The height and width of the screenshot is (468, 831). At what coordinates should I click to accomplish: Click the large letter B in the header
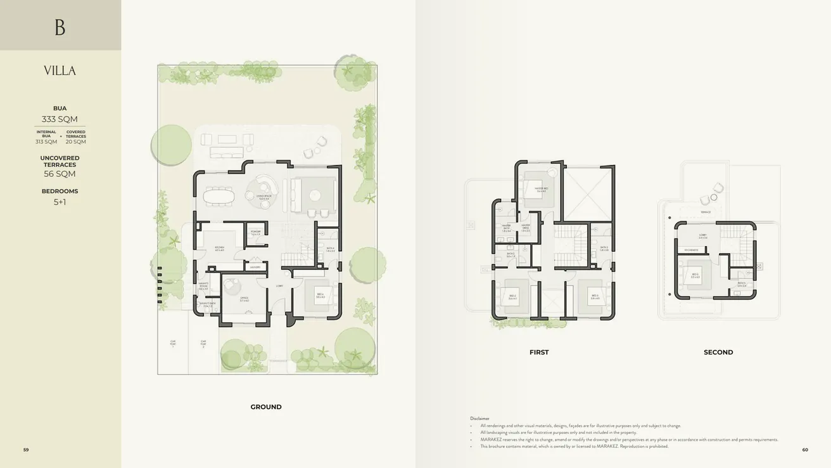pyautogui.click(x=60, y=27)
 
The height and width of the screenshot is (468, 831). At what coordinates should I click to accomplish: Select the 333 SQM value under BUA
pyautogui.click(x=60, y=119)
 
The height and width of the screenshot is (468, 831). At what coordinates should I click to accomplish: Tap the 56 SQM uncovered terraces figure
pyautogui.click(x=60, y=174)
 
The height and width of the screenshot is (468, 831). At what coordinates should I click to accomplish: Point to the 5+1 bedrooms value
pyautogui.click(x=60, y=202)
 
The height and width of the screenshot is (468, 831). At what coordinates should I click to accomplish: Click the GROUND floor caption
pyautogui.click(x=266, y=407)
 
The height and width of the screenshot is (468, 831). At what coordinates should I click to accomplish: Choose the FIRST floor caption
pyautogui.click(x=539, y=352)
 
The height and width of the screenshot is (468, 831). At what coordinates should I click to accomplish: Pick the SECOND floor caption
pyautogui.click(x=718, y=352)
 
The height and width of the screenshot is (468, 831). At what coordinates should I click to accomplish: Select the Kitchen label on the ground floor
pyautogui.click(x=219, y=248)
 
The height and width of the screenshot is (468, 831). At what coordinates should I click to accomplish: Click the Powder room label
pyautogui.click(x=256, y=233)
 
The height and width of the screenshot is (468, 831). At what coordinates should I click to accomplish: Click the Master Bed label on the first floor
pyautogui.click(x=540, y=189)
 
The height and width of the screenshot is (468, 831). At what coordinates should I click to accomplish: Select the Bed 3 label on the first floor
pyautogui.click(x=595, y=296)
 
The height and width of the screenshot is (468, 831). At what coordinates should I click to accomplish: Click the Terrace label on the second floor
pyautogui.click(x=706, y=212)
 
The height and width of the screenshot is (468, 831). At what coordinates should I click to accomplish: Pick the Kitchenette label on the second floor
pyautogui.click(x=691, y=250)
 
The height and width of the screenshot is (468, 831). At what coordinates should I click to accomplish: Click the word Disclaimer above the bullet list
pyautogui.click(x=479, y=419)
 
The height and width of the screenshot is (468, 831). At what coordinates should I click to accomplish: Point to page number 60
pyautogui.click(x=805, y=450)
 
